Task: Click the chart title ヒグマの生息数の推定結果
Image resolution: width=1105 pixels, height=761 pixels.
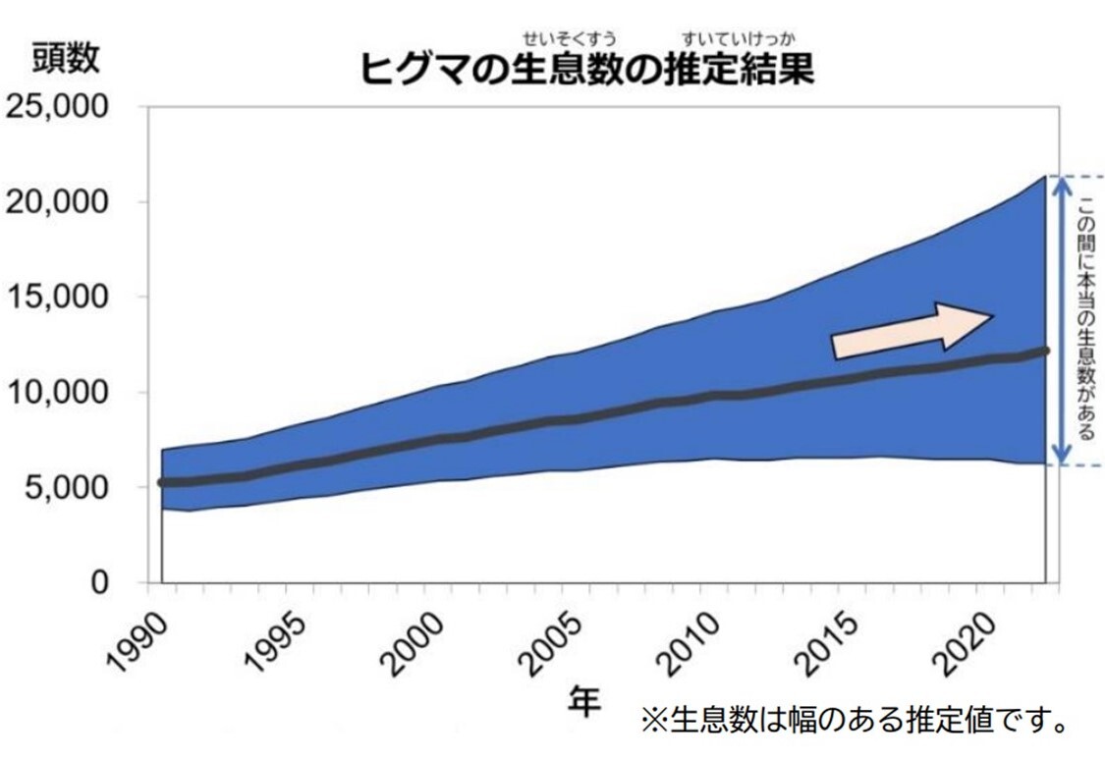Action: pyautogui.click(x=587, y=72)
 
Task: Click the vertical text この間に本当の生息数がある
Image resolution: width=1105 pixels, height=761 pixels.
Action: pyautogui.click(x=1087, y=319)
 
